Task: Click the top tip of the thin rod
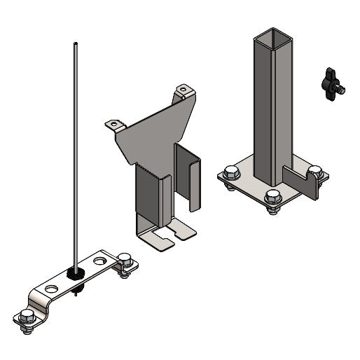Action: coord(74,44)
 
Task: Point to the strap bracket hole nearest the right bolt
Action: coord(102,261)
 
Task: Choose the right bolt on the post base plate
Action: coord(315,172)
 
